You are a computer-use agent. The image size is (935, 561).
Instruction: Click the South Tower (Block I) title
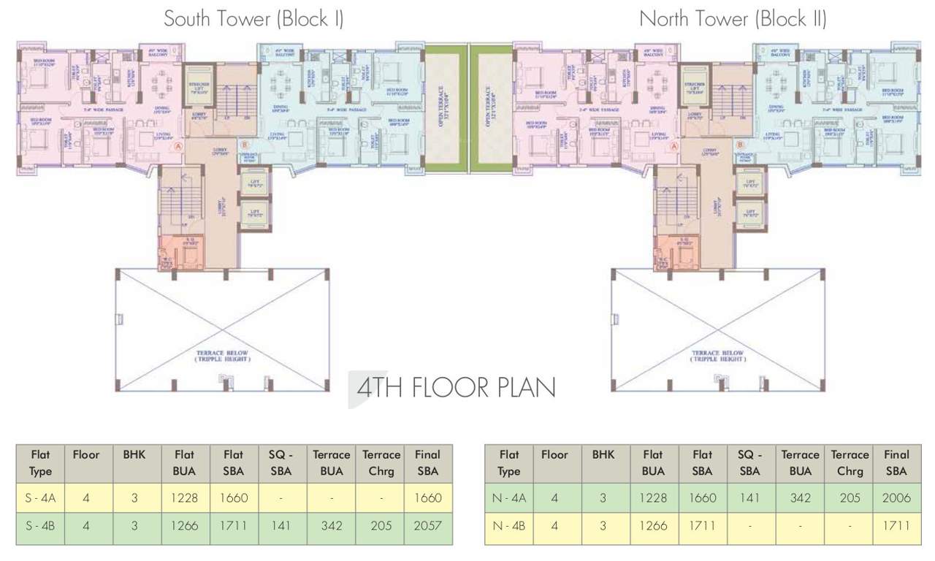tap(253, 19)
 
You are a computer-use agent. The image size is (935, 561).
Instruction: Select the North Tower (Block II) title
tap(733, 19)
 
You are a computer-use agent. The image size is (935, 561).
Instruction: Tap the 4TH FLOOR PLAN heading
tap(456, 388)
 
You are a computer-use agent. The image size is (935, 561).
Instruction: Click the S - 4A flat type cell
tap(40, 499)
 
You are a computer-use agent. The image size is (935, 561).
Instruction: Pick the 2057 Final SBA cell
tap(427, 526)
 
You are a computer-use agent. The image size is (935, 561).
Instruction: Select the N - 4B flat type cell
tap(508, 526)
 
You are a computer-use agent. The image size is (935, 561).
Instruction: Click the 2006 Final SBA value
tap(896, 499)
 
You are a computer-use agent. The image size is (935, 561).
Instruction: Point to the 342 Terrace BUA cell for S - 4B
tap(332, 526)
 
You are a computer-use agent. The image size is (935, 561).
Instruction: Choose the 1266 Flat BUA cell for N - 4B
tap(653, 526)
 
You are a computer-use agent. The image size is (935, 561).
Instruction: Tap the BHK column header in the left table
tap(134, 454)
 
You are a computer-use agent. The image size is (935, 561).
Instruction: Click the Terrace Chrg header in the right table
tap(850, 462)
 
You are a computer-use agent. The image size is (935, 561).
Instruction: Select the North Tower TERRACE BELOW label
tap(718, 356)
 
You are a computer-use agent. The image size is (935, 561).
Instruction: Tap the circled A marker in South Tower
tap(178, 146)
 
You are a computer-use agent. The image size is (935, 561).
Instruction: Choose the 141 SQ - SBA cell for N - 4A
tap(749, 499)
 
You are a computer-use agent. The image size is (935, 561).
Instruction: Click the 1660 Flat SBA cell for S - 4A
tap(233, 499)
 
